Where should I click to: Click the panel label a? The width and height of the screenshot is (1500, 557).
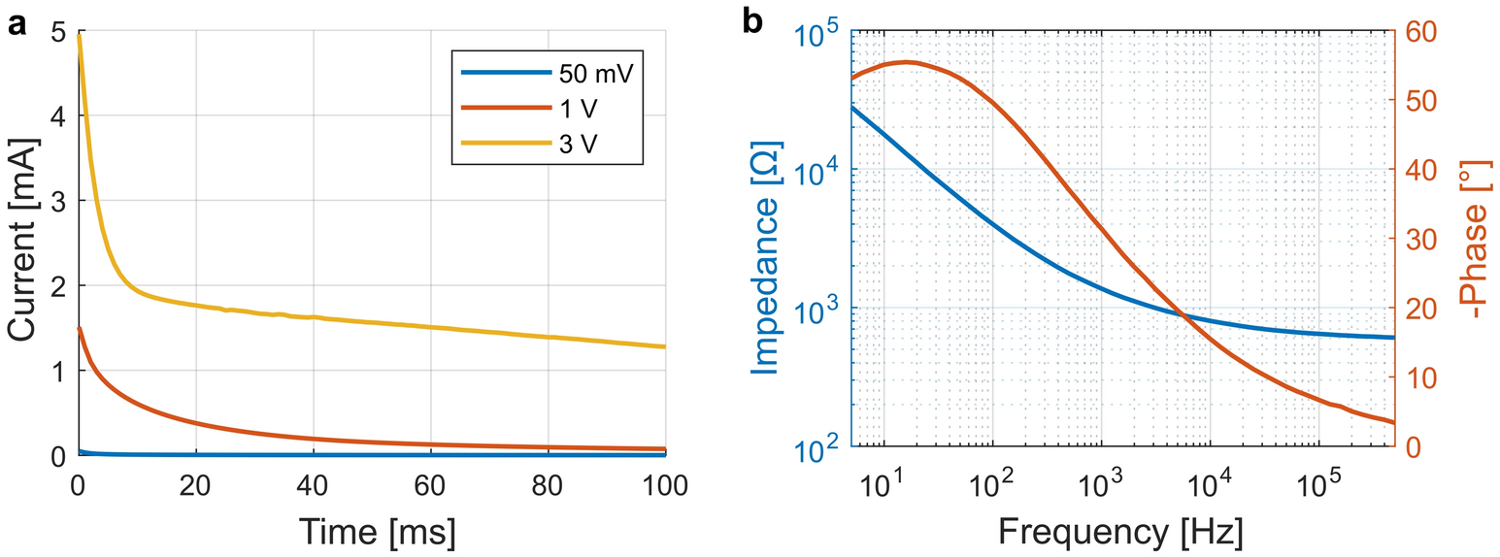tap(17, 24)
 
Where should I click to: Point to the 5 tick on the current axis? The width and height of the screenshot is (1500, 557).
tap(58, 31)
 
